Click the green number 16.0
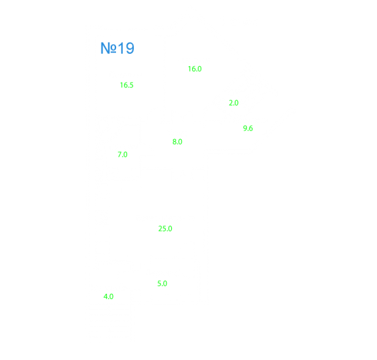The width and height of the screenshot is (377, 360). tap(195, 69)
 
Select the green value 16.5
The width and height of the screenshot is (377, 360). tap(127, 85)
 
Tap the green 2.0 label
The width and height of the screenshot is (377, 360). tap(233, 103)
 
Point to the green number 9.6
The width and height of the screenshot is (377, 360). tap(248, 128)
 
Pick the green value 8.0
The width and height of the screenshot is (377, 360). tap(177, 142)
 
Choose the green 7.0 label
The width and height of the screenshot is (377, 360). tap(123, 154)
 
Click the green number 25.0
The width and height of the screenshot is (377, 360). tap(165, 229)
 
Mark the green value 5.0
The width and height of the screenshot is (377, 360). tap(162, 283)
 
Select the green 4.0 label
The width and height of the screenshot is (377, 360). tap(108, 296)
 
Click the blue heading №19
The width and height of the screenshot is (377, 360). tap(117, 48)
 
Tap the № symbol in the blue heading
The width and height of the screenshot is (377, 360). tap(109, 48)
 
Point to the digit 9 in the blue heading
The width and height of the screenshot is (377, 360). tap(130, 48)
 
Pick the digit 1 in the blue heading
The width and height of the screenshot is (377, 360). tap(121, 48)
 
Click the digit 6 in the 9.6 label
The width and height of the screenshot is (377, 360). tap(250, 128)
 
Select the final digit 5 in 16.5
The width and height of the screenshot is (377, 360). tap(132, 85)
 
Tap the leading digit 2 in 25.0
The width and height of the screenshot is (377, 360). tap(160, 229)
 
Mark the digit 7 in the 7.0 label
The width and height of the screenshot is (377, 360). tap(119, 154)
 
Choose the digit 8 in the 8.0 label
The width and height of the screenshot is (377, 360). tap(174, 142)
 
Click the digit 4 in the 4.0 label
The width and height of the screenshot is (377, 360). tap(106, 296)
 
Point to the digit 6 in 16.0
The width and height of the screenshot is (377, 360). tap(193, 69)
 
